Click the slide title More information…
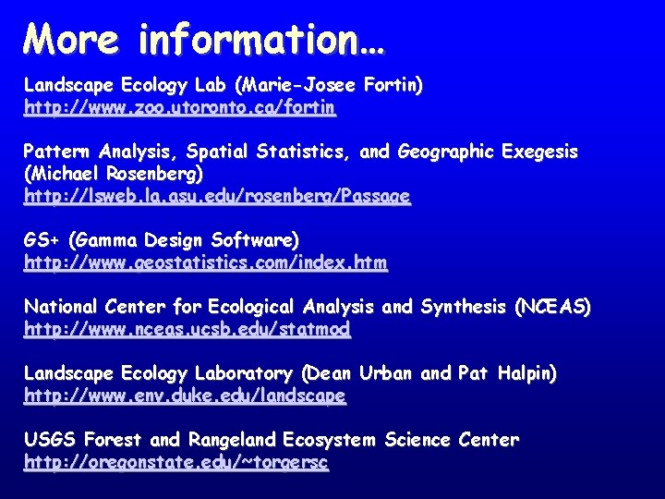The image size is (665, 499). coord(204,39)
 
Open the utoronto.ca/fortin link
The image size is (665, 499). coord(180,108)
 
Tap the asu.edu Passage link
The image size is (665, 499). coord(217,197)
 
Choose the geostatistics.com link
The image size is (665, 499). coord(206,263)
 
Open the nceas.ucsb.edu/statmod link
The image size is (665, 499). coord(187,329)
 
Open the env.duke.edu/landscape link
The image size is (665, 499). coord(185,396)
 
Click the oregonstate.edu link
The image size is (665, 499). coord(175,462)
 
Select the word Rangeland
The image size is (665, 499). coord(231,440)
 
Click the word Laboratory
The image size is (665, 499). coord(243,374)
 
